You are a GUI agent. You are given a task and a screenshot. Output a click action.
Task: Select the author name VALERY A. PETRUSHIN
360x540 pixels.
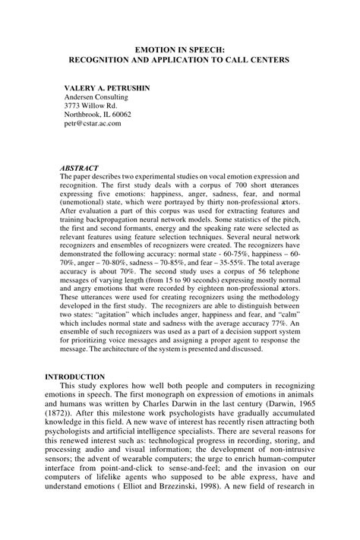click(106, 88)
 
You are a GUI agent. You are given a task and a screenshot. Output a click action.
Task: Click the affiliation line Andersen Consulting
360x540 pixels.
click(96, 97)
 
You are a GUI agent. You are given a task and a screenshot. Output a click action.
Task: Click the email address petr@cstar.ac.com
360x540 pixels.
click(93, 124)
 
